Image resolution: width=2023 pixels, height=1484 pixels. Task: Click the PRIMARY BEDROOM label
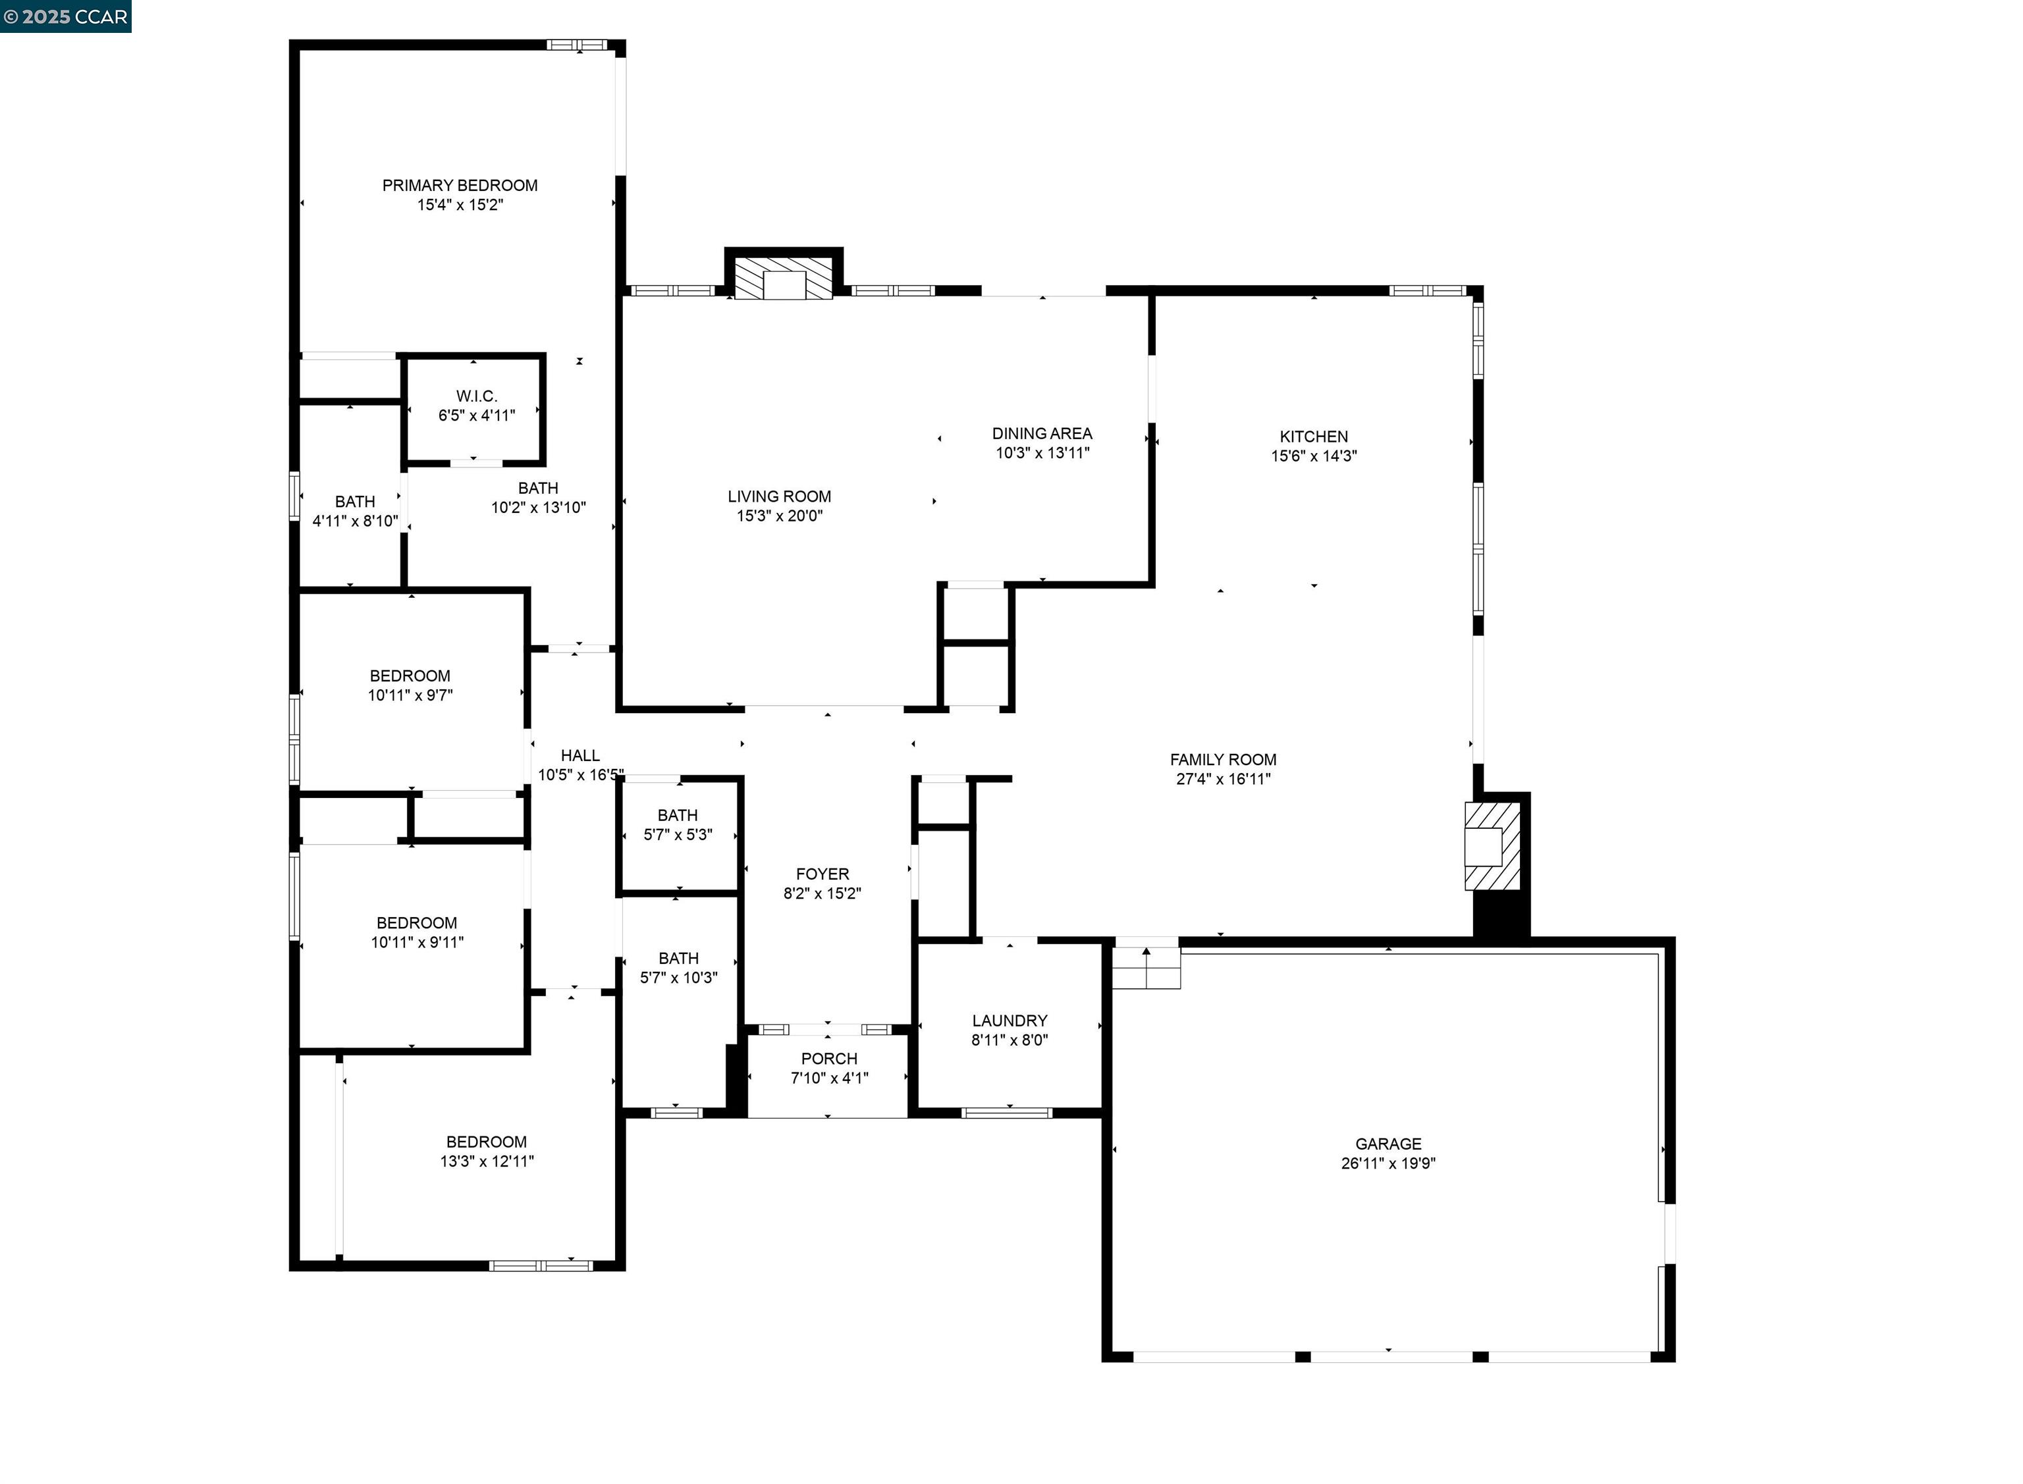(x=459, y=185)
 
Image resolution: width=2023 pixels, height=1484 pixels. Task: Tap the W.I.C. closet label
(x=476, y=396)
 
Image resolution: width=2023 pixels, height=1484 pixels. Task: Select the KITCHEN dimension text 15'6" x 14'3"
(x=1312, y=456)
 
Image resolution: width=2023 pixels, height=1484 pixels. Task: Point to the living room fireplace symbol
(x=784, y=278)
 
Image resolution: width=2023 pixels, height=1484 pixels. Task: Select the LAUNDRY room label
(x=1009, y=1020)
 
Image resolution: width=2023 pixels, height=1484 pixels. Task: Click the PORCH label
(x=828, y=1058)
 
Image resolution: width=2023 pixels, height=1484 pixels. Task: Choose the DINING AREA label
(x=1041, y=434)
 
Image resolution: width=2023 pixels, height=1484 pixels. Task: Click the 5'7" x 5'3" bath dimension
(x=678, y=835)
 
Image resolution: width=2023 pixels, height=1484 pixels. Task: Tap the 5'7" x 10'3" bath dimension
(x=678, y=977)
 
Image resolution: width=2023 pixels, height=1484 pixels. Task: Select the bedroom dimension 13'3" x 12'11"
(x=486, y=1161)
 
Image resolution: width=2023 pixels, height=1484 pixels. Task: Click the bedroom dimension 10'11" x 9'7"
(x=410, y=695)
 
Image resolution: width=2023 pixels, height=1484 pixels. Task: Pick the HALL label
(x=580, y=755)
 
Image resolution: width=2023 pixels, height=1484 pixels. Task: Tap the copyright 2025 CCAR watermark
(x=66, y=17)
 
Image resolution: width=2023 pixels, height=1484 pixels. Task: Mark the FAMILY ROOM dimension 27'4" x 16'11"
(x=1223, y=779)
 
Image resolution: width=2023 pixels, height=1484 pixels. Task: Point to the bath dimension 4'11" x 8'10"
(x=355, y=521)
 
